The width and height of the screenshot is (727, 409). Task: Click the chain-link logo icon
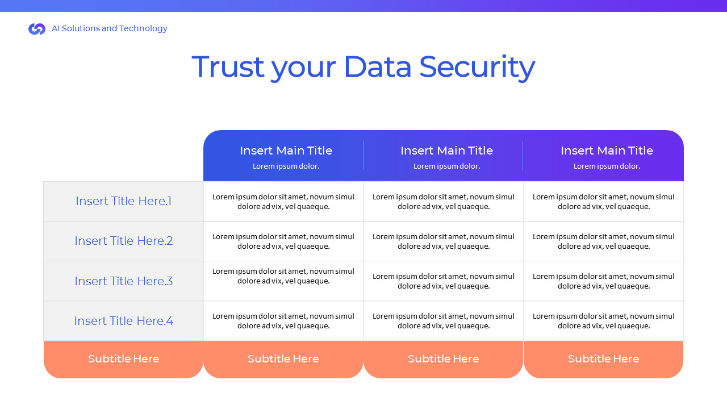tap(37, 29)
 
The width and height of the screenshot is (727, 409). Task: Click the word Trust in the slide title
tap(228, 67)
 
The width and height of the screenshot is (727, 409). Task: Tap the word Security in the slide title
tap(477, 68)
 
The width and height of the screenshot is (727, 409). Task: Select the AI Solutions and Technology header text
tap(110, 28)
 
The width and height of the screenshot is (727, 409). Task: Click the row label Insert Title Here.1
tap(123, 201)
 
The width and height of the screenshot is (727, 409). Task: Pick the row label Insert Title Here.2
tap(123, 241)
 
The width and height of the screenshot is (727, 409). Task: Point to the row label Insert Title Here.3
tap(123, 281)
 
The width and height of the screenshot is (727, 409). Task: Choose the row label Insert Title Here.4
tap(123, 321)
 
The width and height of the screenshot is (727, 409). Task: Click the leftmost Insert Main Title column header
tap(286, 151)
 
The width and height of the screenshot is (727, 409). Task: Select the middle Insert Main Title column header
tap(446, 151)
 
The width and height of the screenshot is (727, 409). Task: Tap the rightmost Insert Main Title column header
tap(607, 151)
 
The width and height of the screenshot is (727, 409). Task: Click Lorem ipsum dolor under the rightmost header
tap(607, 166)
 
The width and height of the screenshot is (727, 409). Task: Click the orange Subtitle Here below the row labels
tap(123, 359)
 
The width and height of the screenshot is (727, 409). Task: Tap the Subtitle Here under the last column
tap(604, 359)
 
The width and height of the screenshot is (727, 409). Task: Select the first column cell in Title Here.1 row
tap(283, 202)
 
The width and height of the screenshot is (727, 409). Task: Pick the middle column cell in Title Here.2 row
tap(444, 241)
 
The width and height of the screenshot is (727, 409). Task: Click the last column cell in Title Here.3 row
tap(604, 281)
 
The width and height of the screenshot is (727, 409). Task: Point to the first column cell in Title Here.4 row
tap(283, 321)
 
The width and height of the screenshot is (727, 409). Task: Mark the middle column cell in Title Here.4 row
tap(444, 321)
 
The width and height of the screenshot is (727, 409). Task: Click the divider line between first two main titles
tap(364, 156)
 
